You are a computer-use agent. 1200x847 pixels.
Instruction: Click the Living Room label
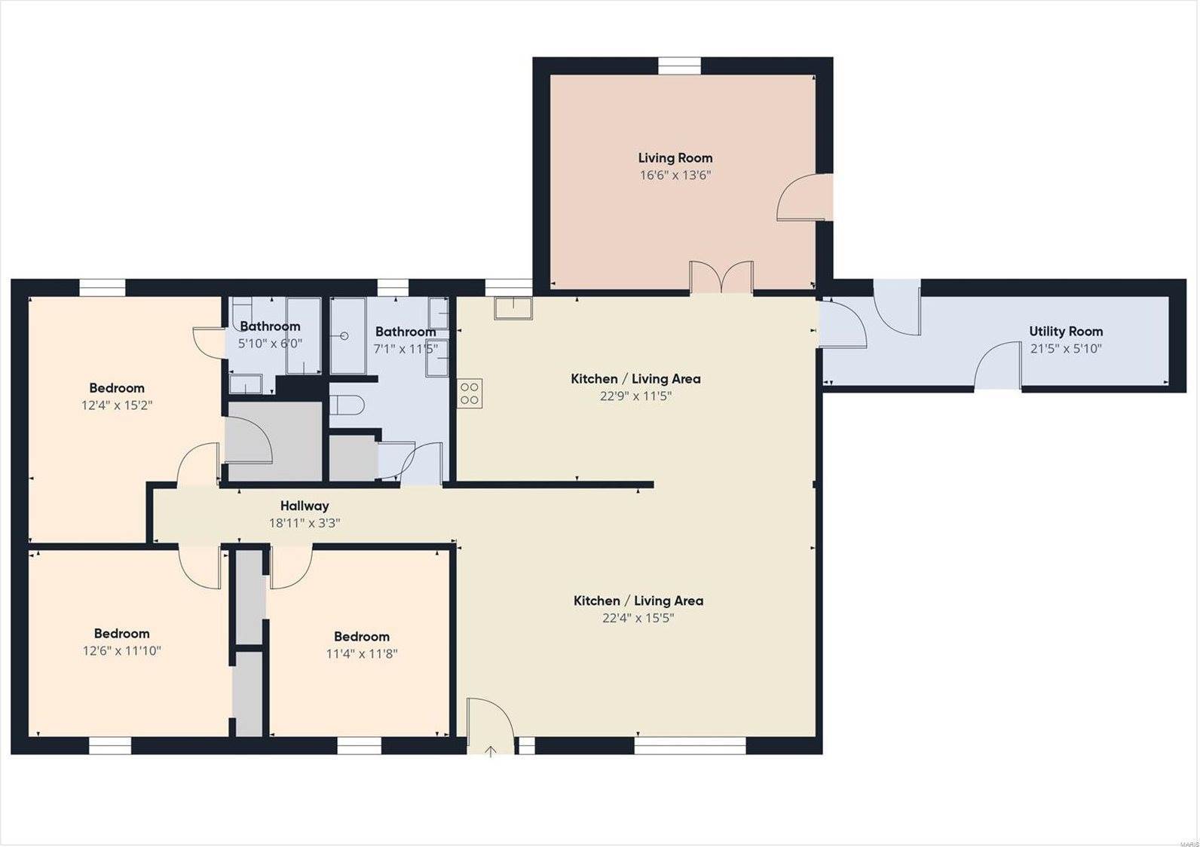click(x=675, y=158)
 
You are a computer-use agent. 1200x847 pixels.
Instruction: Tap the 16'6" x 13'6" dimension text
click(x=675, y=176)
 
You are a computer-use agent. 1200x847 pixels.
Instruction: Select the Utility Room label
click(x=1066, y=332)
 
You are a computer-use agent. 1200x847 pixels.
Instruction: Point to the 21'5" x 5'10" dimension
click(x=1066, y=349)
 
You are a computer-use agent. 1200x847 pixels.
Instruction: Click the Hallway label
click(x=305, y=506)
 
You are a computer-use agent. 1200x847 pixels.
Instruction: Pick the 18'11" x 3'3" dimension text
click(x=305, y=523)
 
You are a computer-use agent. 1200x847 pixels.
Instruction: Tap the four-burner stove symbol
click(x=470, y=393)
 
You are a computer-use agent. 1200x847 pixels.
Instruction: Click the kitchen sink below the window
click(x=513, y=308)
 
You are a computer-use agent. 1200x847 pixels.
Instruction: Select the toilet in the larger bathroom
click(x=347, y=405)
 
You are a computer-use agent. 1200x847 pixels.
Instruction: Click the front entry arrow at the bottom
click(x=490, y=752)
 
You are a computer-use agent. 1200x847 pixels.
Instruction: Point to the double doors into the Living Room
click(x=721, y=277)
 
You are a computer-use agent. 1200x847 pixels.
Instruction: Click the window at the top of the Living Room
click(x=679, y=66)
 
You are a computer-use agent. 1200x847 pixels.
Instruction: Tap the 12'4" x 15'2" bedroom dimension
click(x=117, y=405)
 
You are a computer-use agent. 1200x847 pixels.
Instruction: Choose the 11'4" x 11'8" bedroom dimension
click(x=362, y=654)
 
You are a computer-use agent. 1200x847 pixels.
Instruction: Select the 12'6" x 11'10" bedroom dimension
click(x=121, y=651)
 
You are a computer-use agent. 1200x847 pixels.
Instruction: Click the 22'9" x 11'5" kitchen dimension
click(x=635, y=396)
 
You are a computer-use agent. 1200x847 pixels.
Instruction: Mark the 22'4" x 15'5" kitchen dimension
click(x=638, y=618)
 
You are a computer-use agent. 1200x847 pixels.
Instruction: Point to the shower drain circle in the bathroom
click(x=344, y=336)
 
